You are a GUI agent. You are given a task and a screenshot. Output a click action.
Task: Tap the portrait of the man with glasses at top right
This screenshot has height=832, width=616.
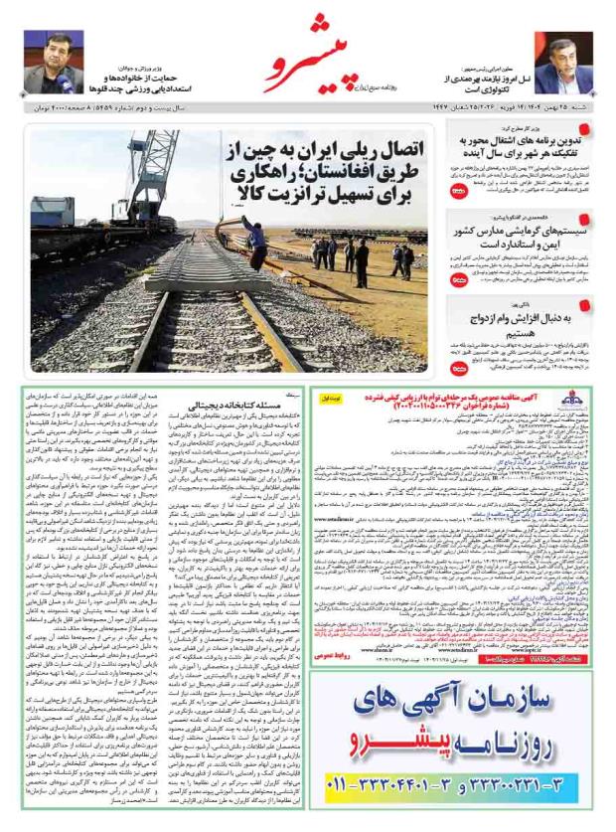[x=562, y=62]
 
